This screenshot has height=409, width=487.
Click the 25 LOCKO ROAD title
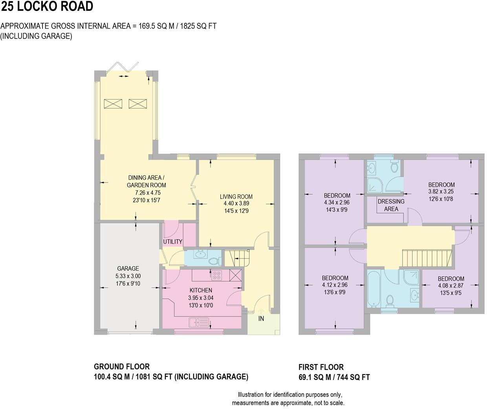click(x=47, y=7)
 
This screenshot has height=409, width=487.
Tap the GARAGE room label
click(x=128, y=269)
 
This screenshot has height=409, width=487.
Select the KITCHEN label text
click(x=200, y=290)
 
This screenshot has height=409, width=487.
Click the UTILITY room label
click(x=173, y=241)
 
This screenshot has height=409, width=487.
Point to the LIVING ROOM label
click(x=236, y=197)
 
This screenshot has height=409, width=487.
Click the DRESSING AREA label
click(x=391, y=205)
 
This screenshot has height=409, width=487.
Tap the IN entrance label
click(x=261, y=319)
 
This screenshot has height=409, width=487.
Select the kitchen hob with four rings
click(x=217, y=275)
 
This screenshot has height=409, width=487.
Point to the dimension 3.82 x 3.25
click(x=441, y=192)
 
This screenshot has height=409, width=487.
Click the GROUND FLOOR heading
click(x=122, y=367)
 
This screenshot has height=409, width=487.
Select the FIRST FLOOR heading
click(x=321, y=367)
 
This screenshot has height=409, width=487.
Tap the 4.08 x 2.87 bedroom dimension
click(x=451, y=286)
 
